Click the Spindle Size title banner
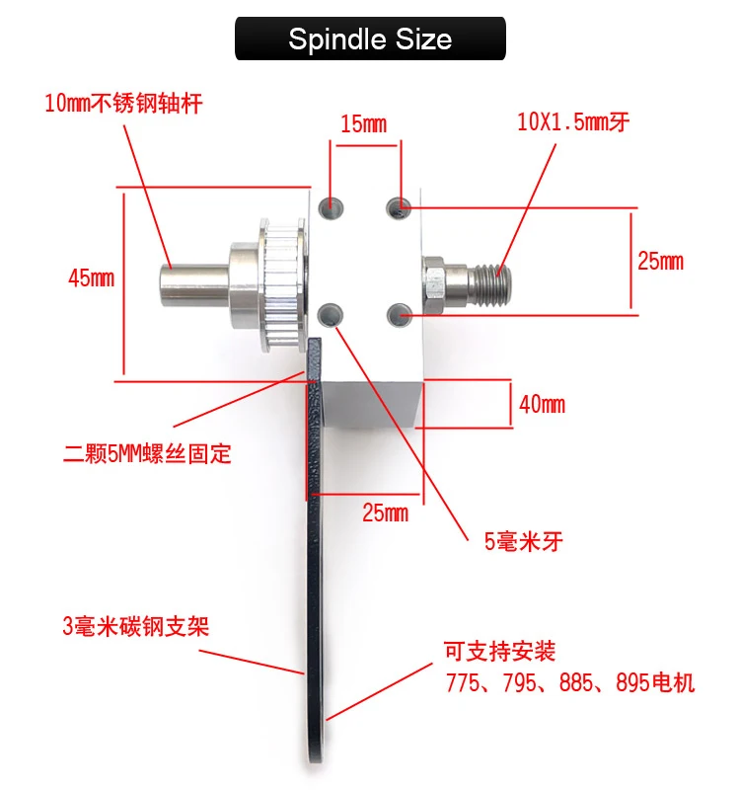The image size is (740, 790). tap(370, 39)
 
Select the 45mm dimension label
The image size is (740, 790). tap(91, 278)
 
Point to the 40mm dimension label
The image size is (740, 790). tap(541, 404)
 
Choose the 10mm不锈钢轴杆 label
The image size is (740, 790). tap(123, 103)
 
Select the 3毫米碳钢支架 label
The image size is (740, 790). tap(136, 626)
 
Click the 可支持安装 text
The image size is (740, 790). tap(500, 652)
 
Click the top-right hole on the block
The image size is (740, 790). tap(399, 206)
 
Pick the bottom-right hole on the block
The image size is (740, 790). tap(400, 315)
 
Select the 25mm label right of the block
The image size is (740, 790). tap(659, 261)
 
